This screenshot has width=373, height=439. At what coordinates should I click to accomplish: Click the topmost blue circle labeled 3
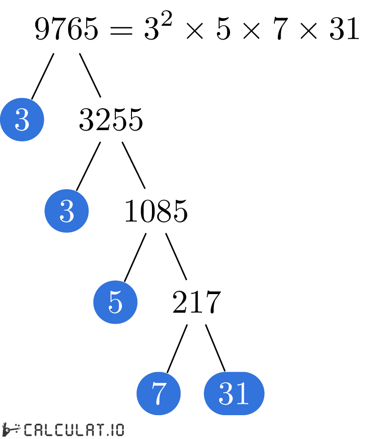click(x=22, y=120)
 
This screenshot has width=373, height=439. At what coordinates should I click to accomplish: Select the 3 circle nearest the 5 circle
click(x=67, y=211)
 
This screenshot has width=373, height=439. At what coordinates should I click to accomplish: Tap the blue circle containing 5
click(x=115, y=302)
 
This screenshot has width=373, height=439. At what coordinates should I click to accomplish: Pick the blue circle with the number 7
click(x=159, y=394)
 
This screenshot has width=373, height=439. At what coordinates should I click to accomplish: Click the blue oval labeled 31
click(x=234, y=394)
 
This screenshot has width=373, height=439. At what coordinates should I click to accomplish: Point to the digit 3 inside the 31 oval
click(x=226, y=394)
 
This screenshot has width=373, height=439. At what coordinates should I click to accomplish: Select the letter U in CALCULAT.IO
click(x=69, y=429)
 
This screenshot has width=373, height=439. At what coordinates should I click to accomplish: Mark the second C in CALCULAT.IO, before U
click(x=59, y=429)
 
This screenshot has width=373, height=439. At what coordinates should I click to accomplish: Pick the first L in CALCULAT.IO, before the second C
click(x=49, y=429)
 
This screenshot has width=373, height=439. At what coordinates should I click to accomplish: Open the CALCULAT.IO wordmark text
click(x=73, y=429)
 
